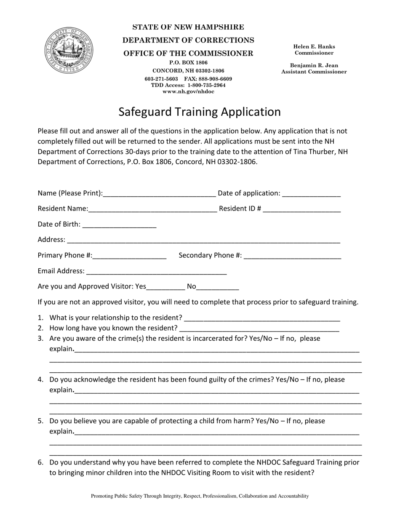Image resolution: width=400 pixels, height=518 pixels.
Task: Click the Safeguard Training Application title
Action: pyautogui.click(x=199, y=112)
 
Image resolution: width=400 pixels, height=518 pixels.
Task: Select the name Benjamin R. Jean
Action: pyautogui.click(x=314, y=66)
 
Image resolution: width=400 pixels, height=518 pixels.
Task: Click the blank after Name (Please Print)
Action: pyautogui.click(x=159, y=194)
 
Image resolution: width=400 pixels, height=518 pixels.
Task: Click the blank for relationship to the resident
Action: pyautogui.click(x=262, y=318)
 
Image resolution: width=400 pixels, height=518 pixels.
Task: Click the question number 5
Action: pyautogui.click(x=41, y=421)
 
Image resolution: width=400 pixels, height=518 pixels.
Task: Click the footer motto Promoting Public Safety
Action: pyautogui.click(x=200, y=496)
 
